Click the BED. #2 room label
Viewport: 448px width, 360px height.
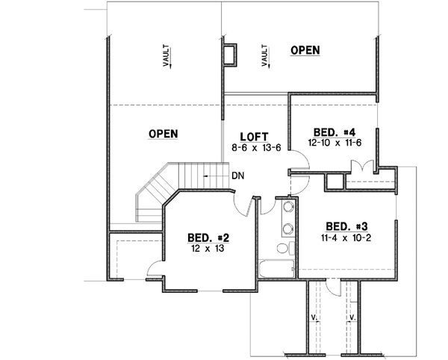(x=208, y=238)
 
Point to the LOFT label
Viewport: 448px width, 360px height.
(x=255, y=137)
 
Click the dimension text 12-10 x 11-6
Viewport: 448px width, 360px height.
(x=329, y=140)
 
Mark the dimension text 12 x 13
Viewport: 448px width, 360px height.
(x=208, y=249)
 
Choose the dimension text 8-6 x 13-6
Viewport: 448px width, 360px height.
(x=255, y=148)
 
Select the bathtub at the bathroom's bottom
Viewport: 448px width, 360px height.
(x=278, y=272)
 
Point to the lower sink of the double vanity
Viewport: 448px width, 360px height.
(x=287, y=227)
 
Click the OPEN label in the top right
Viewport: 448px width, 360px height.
(x=305, y=50)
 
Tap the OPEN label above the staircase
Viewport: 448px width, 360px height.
(x=163, y=134)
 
